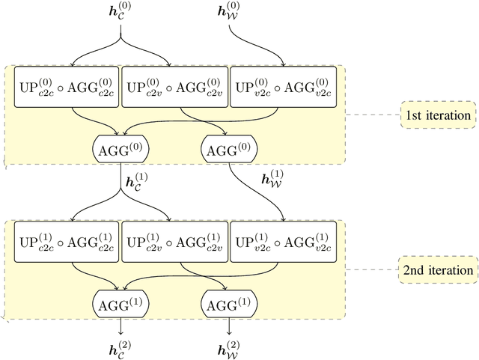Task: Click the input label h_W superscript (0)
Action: point(229,15)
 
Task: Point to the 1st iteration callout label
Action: point(438,115)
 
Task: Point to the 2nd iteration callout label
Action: point(438,269)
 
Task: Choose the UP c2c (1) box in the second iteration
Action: point(66,240)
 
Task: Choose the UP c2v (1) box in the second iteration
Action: point(174,240)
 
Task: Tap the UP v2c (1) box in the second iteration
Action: point(281,240)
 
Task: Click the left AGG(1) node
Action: point(120,302)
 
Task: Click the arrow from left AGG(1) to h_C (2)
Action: point(120,324)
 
